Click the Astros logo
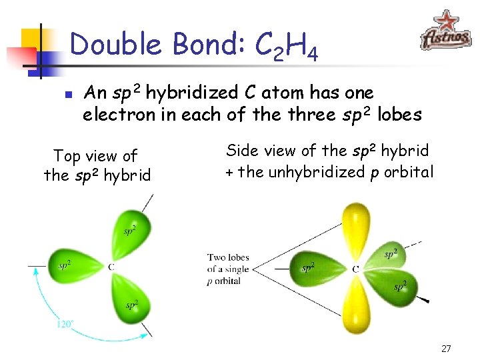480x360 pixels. coord(445,31)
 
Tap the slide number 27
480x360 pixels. coord(447,349)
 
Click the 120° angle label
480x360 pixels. coord(64,324)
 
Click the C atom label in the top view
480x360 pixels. coord(111,267)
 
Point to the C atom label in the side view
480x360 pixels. coord(355,269)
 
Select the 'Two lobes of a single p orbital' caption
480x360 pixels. coord(228,269)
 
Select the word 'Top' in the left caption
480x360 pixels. coord(67,156)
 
